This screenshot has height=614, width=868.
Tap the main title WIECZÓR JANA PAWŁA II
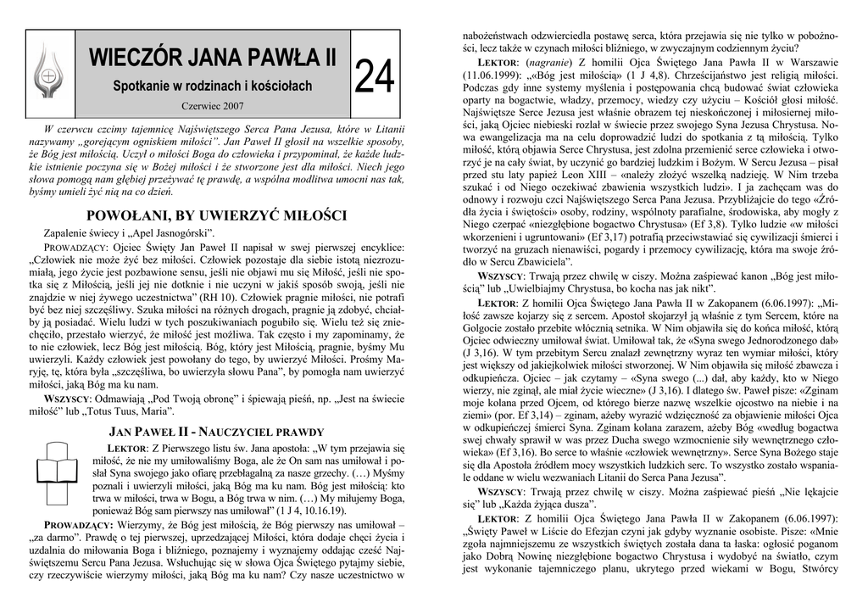coord(213,59)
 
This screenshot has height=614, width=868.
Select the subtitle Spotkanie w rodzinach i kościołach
coord(213,87)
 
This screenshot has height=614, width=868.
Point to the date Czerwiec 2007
coord(213,106)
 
